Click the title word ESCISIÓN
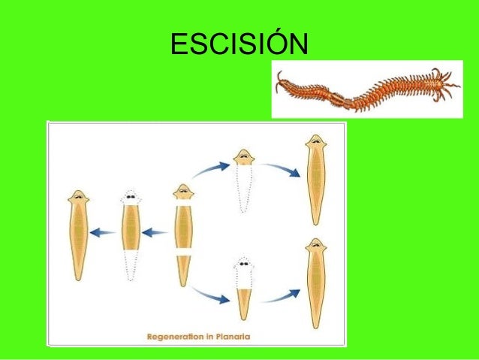click(x=239, y=44)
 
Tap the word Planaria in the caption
click(x=230, y=337)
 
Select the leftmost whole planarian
click(x=78, y=234)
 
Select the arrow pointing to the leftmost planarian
click(x=104, y=232)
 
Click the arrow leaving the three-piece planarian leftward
click(x=155, y=232)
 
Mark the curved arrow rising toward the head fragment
click(x=211, y=169)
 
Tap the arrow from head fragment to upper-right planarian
click(x=281, y=168)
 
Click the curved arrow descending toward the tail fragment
click(x=210, y=295)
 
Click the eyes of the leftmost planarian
click(x=78, y=198)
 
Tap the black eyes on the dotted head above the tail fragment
click(x=243, y=265)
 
